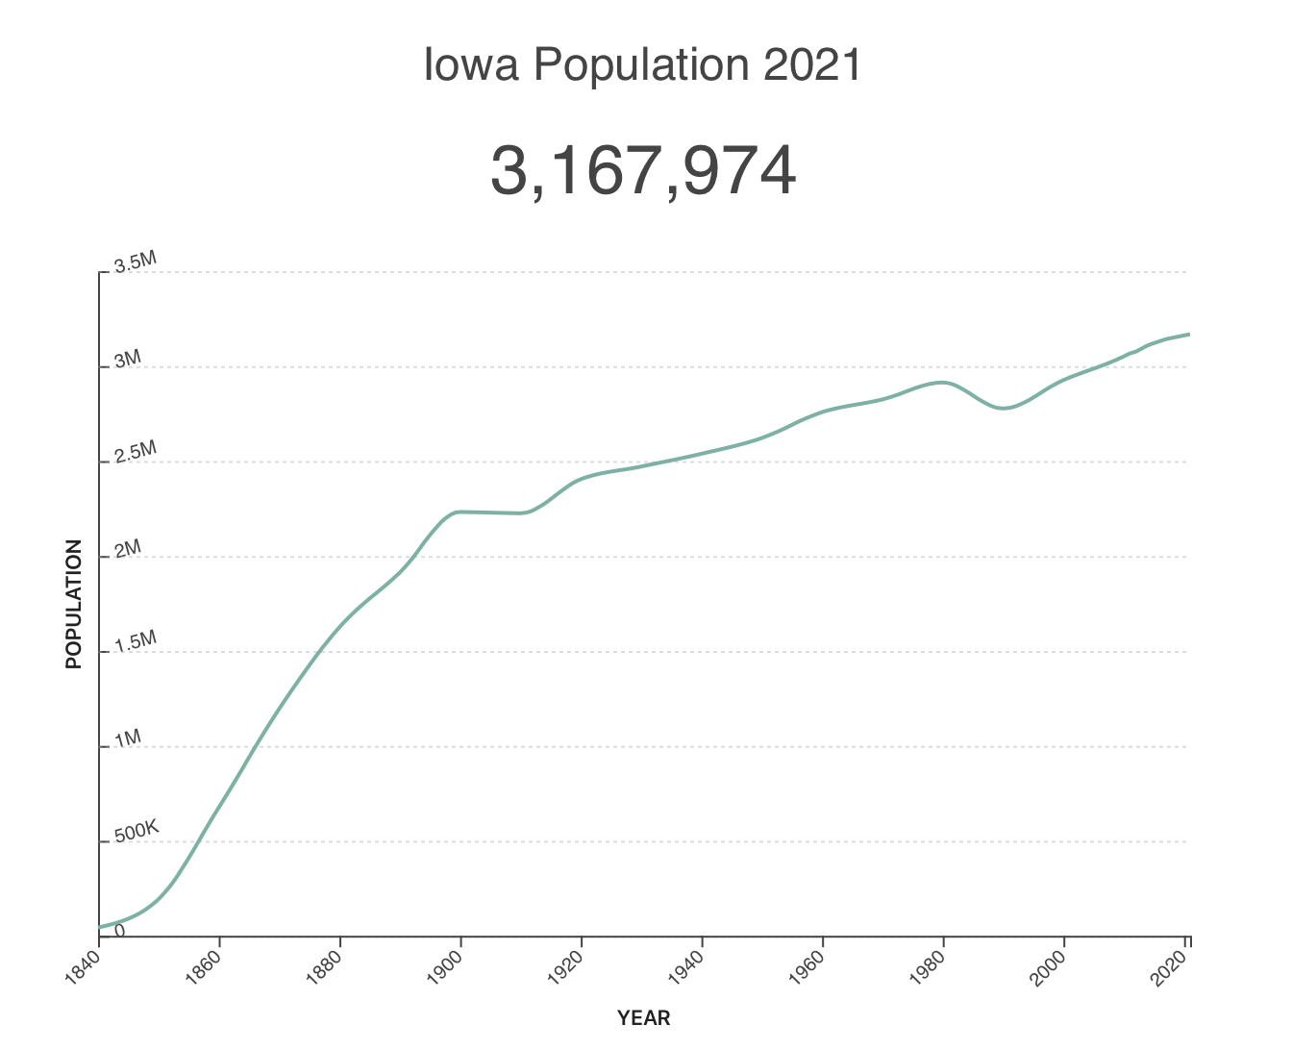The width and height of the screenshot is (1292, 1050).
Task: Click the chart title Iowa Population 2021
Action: (643, 65)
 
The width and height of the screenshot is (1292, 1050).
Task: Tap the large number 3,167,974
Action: (643, 171)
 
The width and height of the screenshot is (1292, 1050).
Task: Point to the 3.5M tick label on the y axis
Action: (135, 263)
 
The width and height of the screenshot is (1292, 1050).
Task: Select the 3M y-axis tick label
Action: (128, 360)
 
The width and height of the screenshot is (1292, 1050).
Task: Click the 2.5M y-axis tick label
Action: (135, 453)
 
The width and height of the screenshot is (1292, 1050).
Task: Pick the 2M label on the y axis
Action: (128, 548)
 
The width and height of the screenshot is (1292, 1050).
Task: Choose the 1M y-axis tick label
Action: (128, 738)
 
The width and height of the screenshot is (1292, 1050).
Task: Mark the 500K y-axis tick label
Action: (137, 832)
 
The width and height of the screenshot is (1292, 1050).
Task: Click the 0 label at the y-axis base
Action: (120, 930)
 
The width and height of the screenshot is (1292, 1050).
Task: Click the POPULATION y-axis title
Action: (73, 604)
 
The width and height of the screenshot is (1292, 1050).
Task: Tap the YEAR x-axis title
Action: (643, 1017)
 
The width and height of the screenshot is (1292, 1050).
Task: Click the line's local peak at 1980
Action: (943, 383)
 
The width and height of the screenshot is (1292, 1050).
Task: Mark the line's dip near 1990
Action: (1004, 409)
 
